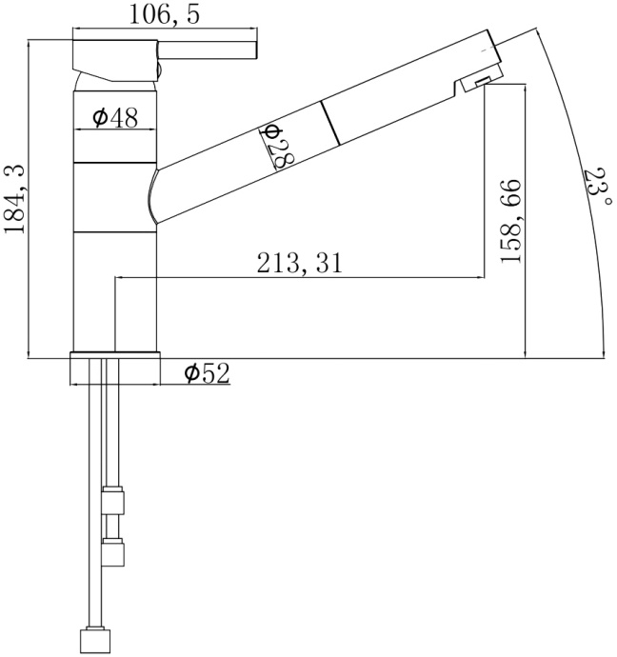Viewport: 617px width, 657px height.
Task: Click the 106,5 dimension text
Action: pos(165,16)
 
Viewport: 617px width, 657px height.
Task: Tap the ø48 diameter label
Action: pos(115,117)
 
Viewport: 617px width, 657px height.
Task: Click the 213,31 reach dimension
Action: pos(299,264)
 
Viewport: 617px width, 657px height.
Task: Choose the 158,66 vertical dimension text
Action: pos(511,220)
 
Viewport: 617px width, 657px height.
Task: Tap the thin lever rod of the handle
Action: pos(209,50)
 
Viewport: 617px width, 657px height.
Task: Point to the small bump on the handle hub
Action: pos(162,70)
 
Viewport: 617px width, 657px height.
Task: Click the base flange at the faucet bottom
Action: pos(114,368)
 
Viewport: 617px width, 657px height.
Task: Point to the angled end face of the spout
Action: pos(493,51)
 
